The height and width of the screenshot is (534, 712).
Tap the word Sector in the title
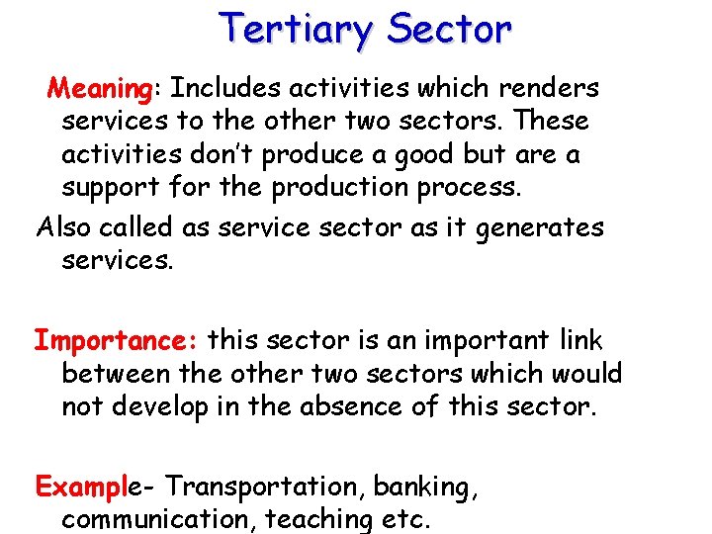click(450, 29)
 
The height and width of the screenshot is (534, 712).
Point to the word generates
click(539, 228)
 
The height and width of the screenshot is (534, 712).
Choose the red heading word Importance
click(117, 341)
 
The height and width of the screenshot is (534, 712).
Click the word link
click(579, 340)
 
